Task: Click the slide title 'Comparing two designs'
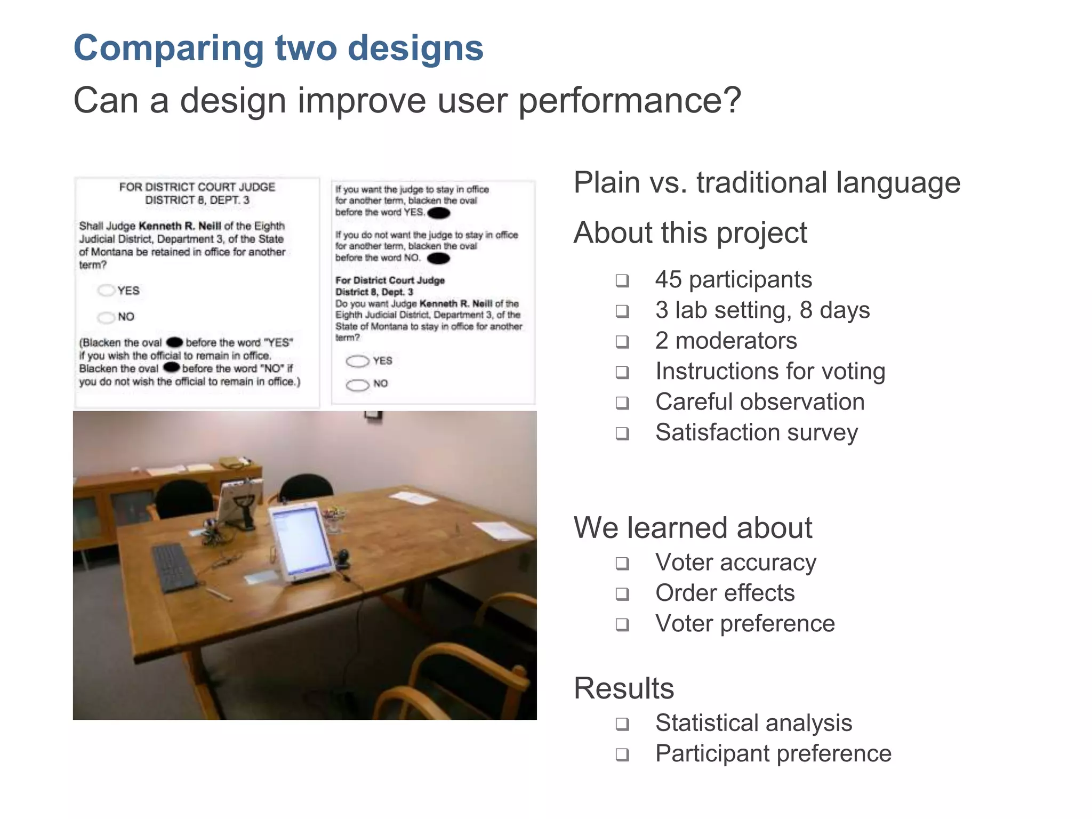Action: tap(278, 48)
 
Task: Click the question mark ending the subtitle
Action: tap(732, 100)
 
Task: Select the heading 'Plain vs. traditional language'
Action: tap(766, 182)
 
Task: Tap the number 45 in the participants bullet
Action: tap(668, 279)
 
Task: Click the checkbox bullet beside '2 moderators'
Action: tap(622, 341)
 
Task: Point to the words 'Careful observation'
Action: tap(759, 402)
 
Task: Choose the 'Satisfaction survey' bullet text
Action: tap(756, 432)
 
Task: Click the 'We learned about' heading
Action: tap(692, 528)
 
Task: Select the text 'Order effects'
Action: tap(725, 593)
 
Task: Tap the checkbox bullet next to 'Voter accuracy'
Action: tap(622, 563)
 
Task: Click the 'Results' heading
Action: tap(623, 688)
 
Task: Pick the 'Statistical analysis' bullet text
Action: tap(753, 724)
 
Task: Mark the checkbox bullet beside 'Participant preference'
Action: tap(622, 754)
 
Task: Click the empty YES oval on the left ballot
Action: tap(106, 291)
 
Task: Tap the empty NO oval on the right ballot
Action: tap(357, 385)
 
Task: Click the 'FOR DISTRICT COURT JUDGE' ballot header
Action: tap(197, 187)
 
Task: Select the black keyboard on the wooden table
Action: tap(174, 567)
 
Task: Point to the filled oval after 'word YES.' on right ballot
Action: tap(439, 213)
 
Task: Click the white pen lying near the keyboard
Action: tap(219, 594)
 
